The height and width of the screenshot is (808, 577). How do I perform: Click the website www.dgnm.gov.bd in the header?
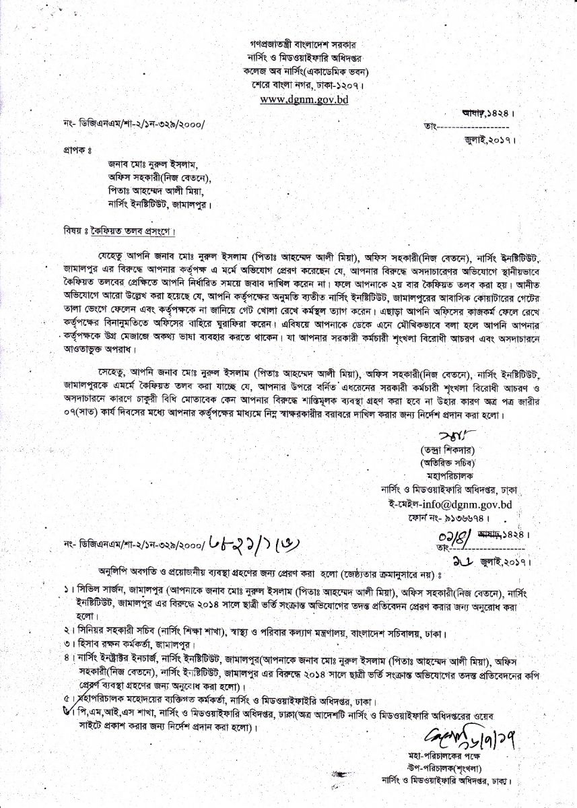coord(304,99)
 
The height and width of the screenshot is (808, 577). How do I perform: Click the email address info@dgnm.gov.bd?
coord(447,503)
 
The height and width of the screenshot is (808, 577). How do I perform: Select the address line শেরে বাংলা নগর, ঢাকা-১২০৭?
coord(304,86)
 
